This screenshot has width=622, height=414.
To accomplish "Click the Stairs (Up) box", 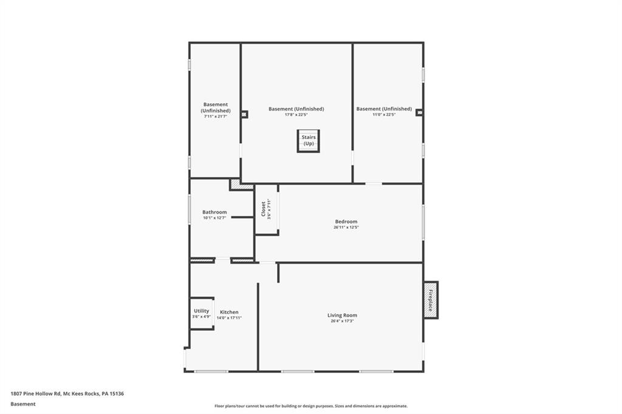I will point(308,141).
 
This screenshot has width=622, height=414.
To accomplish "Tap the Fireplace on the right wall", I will point(431,300).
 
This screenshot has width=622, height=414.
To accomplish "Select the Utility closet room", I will point(202,313).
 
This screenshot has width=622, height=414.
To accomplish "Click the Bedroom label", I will point(346,222).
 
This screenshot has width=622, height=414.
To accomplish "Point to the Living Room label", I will point(342,315).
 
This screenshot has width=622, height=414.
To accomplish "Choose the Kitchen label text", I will point(229,312).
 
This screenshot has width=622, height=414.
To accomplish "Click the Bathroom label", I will point(214,212).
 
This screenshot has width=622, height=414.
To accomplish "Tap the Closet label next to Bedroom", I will point(263,209).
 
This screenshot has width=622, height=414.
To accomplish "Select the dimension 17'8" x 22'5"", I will point(296,115).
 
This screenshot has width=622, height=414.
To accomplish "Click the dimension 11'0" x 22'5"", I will point(384,115).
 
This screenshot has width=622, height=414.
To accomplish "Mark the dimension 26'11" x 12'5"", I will point(346,228).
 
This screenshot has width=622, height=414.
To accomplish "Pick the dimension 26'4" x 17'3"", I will point(342,321).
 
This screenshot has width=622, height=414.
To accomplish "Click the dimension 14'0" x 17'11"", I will point(229,317).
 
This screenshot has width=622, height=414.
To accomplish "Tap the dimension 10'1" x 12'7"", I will point(214,218).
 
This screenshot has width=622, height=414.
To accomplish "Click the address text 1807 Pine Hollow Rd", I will point(67,393).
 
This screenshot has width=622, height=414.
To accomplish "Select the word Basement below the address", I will point(22,404).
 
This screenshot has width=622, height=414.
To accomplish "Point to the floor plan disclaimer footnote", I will point(310,406).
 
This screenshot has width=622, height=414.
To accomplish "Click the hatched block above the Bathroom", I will point(241,184).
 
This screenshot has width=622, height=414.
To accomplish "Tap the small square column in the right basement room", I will point(419,112).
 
